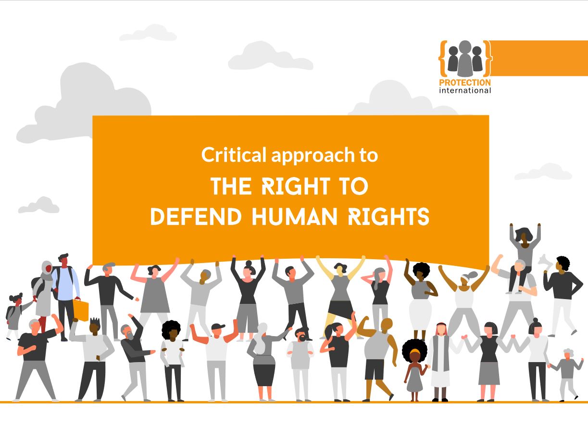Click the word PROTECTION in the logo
[x=465, y=83]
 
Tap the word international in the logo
[x=465, y=90]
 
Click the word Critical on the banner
[x=234, y=155]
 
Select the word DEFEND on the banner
[x=196, y=216]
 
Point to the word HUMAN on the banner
[x=294, y=216]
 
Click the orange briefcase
[x=81, y=310]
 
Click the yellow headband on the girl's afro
[x=415, y=351]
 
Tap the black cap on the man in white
[x=218, y=327]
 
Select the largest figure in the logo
[x=465, y=58]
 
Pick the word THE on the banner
[x=231, y=186]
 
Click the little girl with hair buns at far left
[x=15, y=316]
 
